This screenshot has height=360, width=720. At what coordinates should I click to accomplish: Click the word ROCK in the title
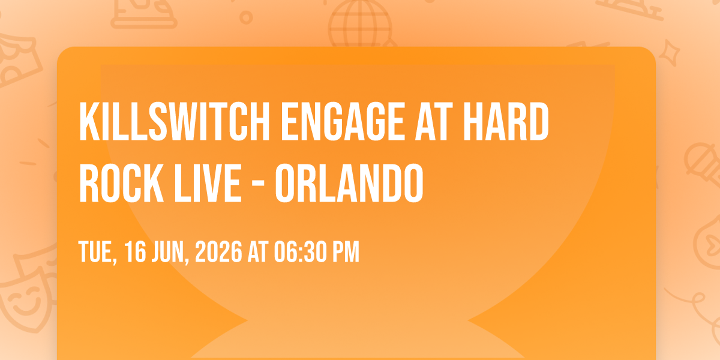pos(121,183)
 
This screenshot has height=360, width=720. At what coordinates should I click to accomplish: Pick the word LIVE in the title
pos(208,183)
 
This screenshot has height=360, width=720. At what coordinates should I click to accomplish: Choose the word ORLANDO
pos(349,183)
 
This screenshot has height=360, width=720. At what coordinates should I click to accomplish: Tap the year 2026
pos(218,251)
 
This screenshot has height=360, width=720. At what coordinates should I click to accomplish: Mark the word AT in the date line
pos(258,251)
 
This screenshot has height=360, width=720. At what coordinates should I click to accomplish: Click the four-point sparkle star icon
pos(669,52)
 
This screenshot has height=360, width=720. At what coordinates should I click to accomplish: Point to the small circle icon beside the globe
pos(246,17)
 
